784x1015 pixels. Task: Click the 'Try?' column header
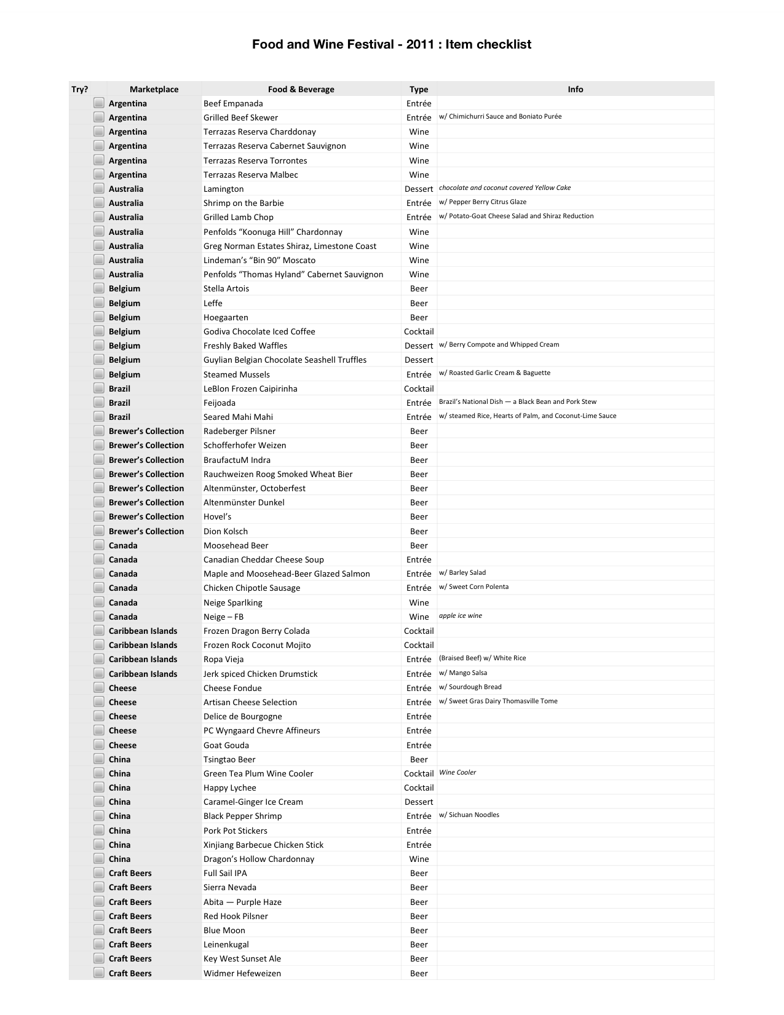pos(80,89)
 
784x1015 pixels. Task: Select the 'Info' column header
pos(575,89)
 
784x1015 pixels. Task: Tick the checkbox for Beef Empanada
pos(98,103)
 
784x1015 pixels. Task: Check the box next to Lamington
pos(98,189)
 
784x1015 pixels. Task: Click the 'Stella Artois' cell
pos(226,288)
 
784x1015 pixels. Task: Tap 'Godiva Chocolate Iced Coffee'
pos(259,331)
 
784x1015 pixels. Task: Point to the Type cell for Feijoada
pos(419,403)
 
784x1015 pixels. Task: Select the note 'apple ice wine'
pos(461,615)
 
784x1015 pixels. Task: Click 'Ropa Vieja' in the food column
pos(224,659)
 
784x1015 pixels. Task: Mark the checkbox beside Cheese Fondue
pos(98,688)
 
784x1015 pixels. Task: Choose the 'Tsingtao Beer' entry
pos(229,759)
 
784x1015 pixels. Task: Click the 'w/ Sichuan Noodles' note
pos(469,815)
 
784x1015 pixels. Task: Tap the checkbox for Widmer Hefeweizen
pos(98,973)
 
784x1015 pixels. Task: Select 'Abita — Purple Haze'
pos(242,902)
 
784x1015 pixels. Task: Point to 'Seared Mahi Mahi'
pos(238,417)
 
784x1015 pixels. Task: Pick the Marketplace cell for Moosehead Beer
pos(123,545)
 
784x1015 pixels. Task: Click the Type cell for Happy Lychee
pos(419,788)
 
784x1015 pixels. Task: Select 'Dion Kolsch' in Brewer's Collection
pos(226,531)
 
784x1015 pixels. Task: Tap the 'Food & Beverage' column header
pos(301,89)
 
